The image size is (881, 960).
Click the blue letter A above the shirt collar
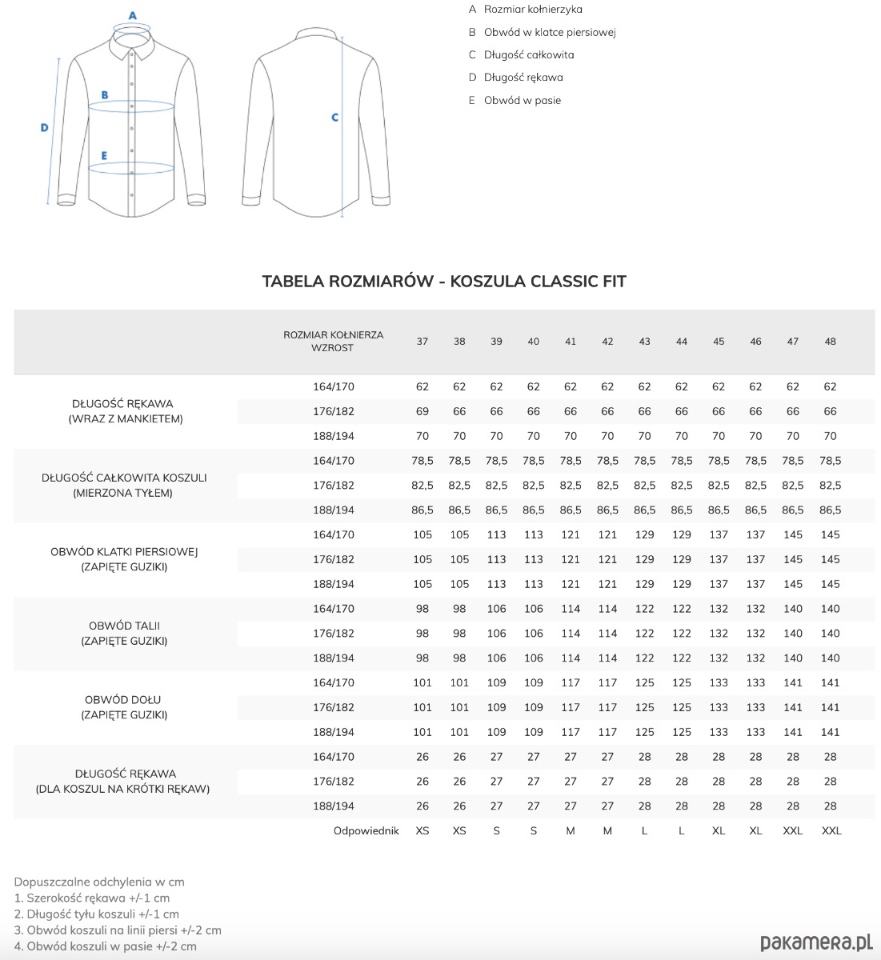[x=133, y=15]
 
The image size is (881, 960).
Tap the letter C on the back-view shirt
[x=334, y=118]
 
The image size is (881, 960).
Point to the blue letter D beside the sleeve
[x=45, y=127]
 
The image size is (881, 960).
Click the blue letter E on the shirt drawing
[x=104, y=156]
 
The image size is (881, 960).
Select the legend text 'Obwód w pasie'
[x=523, y=100]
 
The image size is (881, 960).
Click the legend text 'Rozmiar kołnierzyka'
[x=533, y=10]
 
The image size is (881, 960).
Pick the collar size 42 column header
[x=607, y=342]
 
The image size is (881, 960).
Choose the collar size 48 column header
[x=830, y=342]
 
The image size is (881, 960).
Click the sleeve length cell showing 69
[x=422, y=411]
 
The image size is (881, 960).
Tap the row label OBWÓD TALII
[x=124, y=626]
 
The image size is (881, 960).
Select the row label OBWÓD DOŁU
[x=123, y=700]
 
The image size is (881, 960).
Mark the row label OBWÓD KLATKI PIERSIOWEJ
[x=124, y=552]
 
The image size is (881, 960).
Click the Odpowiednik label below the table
[x=366, y=830]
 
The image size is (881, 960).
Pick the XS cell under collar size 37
[x=422, y=830]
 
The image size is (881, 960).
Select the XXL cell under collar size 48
[x=831, y=830]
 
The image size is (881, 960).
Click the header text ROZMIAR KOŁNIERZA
[x=333, y=335]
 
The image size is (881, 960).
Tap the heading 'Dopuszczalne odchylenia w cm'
[x=99, y=882]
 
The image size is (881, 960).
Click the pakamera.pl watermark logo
[x=816, y=942]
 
